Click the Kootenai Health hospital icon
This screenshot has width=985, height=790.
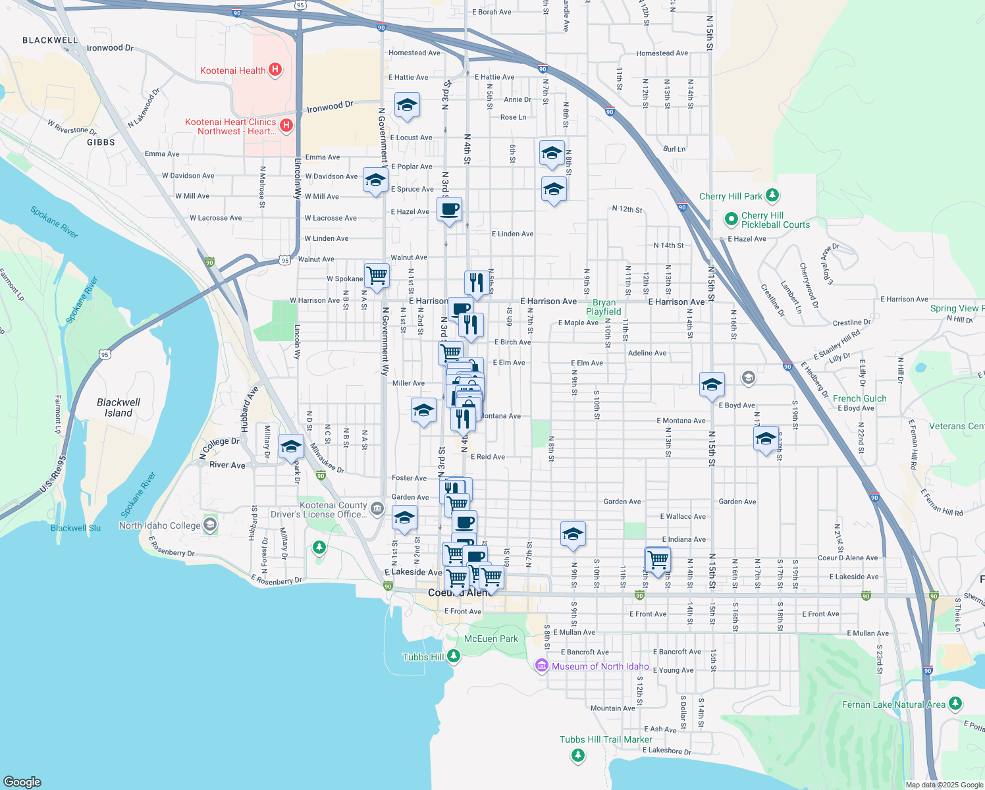point(276,70)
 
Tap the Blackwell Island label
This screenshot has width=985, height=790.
point(119,408)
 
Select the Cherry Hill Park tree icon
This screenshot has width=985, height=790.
point(773,196)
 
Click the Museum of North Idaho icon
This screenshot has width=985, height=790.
point(542,666)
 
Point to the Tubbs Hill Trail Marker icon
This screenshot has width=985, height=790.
point(578,754)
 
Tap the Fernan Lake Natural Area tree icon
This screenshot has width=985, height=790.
point(955,704)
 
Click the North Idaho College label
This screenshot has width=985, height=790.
point(160,525)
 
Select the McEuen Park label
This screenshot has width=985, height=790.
point(491,639)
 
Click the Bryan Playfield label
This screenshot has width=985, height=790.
point(604,307)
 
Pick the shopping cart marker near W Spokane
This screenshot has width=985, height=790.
point(377,275)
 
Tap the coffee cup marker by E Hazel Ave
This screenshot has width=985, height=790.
point(450,210)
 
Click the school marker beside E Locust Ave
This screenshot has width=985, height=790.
point(407,105)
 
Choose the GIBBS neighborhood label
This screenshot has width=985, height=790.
point(101,142)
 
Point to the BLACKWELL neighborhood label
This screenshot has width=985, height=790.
point(50,40)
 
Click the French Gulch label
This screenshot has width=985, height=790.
point(859,398)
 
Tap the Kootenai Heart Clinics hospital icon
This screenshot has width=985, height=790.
point(286,126)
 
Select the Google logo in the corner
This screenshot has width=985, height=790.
point(22,781)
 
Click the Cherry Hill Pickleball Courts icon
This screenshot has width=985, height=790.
point(731,219)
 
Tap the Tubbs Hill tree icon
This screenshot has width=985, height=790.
point(453,656)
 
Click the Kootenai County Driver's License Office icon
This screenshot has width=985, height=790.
point(377,508)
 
